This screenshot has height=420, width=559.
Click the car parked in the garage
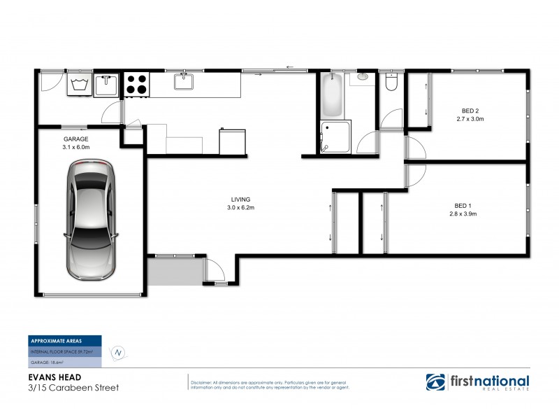[x=92, y=218]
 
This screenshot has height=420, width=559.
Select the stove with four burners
[x=136, y=85]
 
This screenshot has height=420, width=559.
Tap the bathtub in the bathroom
[x=332, y=97]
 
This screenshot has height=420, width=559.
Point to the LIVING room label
[x=238, y=199]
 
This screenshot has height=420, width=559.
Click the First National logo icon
[x=437, y=382]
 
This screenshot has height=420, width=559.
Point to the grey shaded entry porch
[x=175, y=271]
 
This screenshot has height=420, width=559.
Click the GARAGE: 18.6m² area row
[x=48, y=361]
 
